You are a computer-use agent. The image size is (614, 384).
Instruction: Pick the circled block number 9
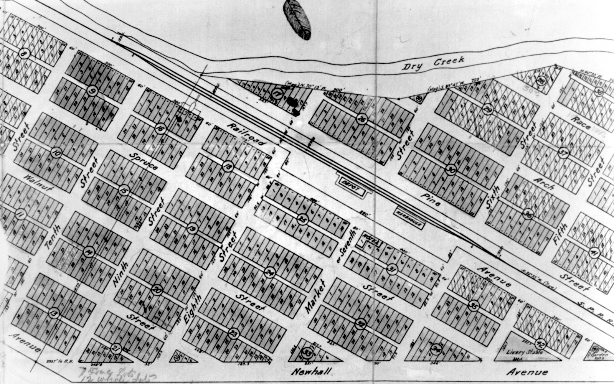[x=92, y=91]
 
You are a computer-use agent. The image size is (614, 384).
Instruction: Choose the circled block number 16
[x=160, y=129]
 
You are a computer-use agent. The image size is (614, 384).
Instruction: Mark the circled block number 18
[x=228, y=166]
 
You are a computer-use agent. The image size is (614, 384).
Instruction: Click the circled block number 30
[x=451, y=170]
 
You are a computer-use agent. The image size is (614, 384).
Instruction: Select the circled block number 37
[x=563, y=153]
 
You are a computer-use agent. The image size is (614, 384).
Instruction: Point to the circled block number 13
[x=54, y=313]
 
